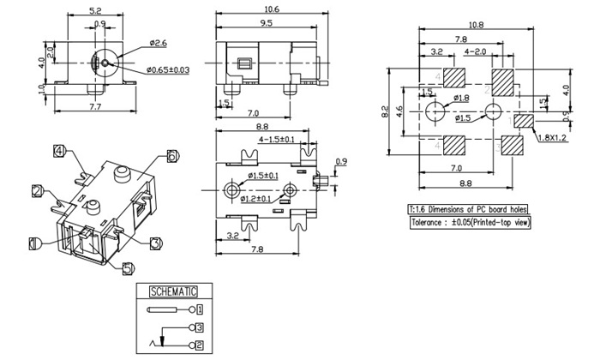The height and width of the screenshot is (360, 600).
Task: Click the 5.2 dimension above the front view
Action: pyautogui.click(x=96, y=12)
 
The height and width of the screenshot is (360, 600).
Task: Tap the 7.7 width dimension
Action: pyautogui.click(x=96, y=108)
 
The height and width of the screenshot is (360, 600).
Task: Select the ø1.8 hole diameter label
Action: pyautogui.click(x=461, y=97)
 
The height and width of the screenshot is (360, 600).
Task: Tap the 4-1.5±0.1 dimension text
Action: pyautogui.click(x=276, y=140)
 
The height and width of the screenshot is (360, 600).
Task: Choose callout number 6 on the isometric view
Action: pyautogui.click(x=172, y=156)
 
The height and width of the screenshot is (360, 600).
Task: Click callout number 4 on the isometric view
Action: pyautogui.click(x=59, y=152)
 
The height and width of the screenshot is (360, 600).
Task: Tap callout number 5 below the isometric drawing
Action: pyautogui.click(x=128, y=267)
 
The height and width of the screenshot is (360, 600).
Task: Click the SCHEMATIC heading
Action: pyautogui.click(x=174, y=291)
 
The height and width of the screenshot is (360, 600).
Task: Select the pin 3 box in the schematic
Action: pyautogui.click(x=200, y=327)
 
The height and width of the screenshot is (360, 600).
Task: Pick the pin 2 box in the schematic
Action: pyautogui.click(x=200, y=345)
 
